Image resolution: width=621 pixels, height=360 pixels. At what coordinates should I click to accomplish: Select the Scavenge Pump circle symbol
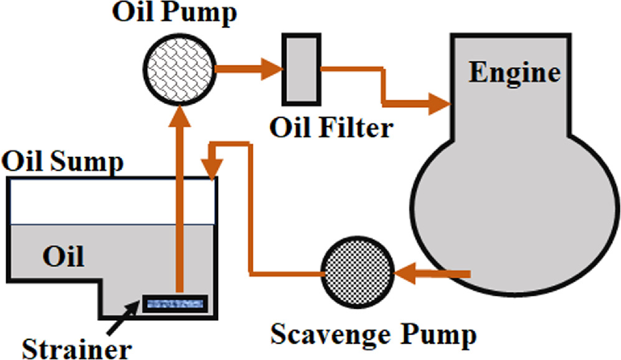358,273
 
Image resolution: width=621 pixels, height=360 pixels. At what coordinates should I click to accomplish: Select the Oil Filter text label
331,128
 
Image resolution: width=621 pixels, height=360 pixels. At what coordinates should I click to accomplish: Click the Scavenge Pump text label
373,334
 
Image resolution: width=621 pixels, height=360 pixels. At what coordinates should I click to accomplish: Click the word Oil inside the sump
63,256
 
